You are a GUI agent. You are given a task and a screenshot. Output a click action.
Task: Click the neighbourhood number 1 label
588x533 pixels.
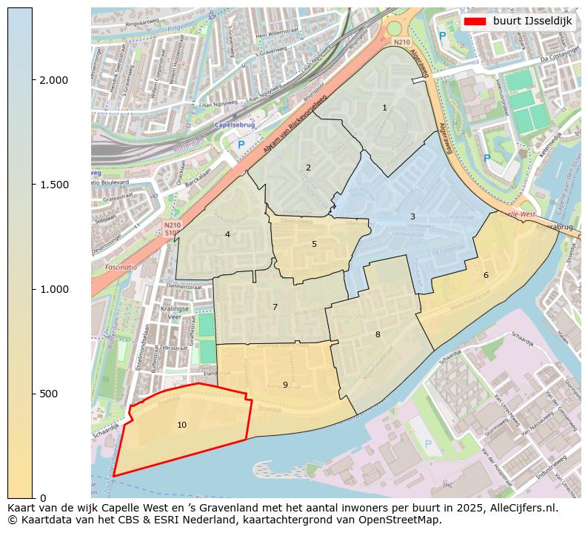tap(384, 107)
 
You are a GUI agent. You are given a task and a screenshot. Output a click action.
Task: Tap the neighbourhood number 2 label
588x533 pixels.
tap(308, 168)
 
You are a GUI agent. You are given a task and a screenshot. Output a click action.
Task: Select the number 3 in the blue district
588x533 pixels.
tap(412, 216)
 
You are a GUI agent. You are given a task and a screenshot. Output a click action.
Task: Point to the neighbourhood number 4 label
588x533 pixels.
tap(227, 234)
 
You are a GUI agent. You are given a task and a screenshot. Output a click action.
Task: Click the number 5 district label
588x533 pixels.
tap(314, 244)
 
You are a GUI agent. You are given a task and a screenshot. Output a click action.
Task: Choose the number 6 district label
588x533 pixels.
tap(486, 275)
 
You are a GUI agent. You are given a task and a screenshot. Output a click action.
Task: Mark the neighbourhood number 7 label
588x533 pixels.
tap(275, 307)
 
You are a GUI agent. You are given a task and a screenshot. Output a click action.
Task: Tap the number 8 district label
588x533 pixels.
tap(378, 334)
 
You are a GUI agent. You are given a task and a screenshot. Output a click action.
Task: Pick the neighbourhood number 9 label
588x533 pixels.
tap(285, 385)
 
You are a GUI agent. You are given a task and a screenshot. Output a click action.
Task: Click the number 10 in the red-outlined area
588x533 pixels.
tap(181, 425)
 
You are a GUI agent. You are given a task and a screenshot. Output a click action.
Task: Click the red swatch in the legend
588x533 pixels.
tap(475, 21)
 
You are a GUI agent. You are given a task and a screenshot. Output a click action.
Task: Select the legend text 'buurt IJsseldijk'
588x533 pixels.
tap(532, 21)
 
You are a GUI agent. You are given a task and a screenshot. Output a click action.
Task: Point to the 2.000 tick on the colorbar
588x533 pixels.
tap(53, 80)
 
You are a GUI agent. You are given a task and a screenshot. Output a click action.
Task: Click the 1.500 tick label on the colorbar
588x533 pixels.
tap(53, 185)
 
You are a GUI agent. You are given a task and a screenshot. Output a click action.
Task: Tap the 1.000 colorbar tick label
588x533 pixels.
tap(53, 289)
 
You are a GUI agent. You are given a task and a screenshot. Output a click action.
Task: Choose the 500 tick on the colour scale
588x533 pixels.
tap(47, 394)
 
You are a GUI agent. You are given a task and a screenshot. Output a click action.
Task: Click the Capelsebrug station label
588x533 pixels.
tap(234, 126)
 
